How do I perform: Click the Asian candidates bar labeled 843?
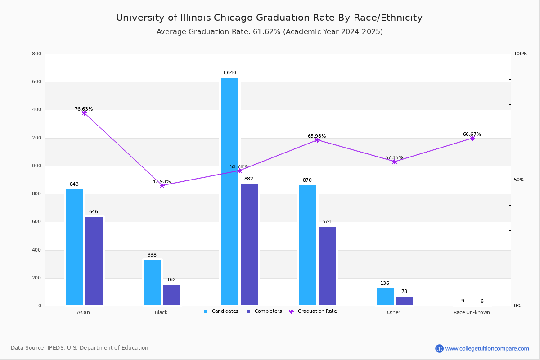click(75, 247)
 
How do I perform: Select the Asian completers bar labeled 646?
click(94, 261)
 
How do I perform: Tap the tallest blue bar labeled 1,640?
click(230, 191)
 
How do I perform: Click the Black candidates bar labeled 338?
click(153, 283)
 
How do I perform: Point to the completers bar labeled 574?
click(327, 266)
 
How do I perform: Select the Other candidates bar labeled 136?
click(385, 297)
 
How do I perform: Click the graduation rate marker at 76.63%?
click(84, 113)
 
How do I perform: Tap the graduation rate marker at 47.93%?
click(162, 185)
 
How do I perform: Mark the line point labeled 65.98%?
click(317, 140)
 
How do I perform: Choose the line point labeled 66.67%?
click(472, 139)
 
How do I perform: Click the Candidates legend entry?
click(221, 311)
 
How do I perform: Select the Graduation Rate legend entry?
click(313, 311)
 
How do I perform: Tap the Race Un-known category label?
click(472, 312)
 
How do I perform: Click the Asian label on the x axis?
click(83, 312)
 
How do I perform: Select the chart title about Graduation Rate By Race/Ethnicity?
click(269, 18)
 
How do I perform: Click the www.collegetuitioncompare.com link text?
click(487, 348)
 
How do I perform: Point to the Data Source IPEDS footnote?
click(80, 348)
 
